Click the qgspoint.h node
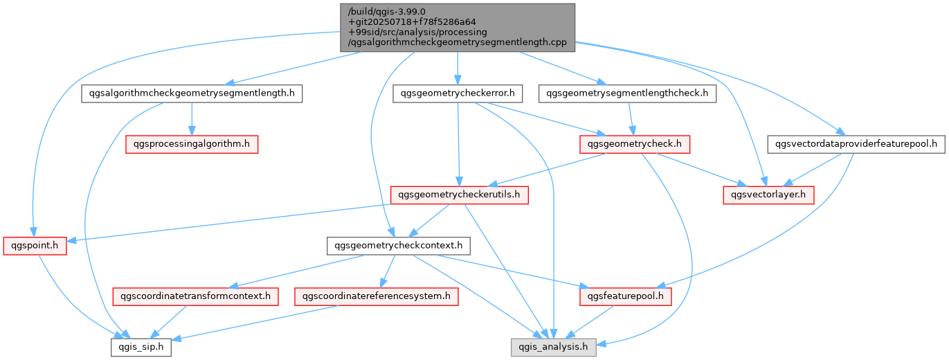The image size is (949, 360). [x=35, y=245]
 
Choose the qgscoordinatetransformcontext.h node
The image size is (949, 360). [x=195, y=296]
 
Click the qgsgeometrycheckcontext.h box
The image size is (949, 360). [x=399, y=245]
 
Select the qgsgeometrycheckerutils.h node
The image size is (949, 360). [x=460, y=195]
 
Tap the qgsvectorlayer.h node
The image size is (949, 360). [x=768, y=195]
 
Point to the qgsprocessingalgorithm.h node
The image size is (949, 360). [x=191, y=144]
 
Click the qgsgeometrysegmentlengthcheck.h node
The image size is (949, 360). [x=628, y=93]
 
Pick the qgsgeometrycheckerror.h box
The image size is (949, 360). [x=458, y=93]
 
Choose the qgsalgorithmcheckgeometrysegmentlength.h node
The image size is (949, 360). [x=192, y=93]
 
